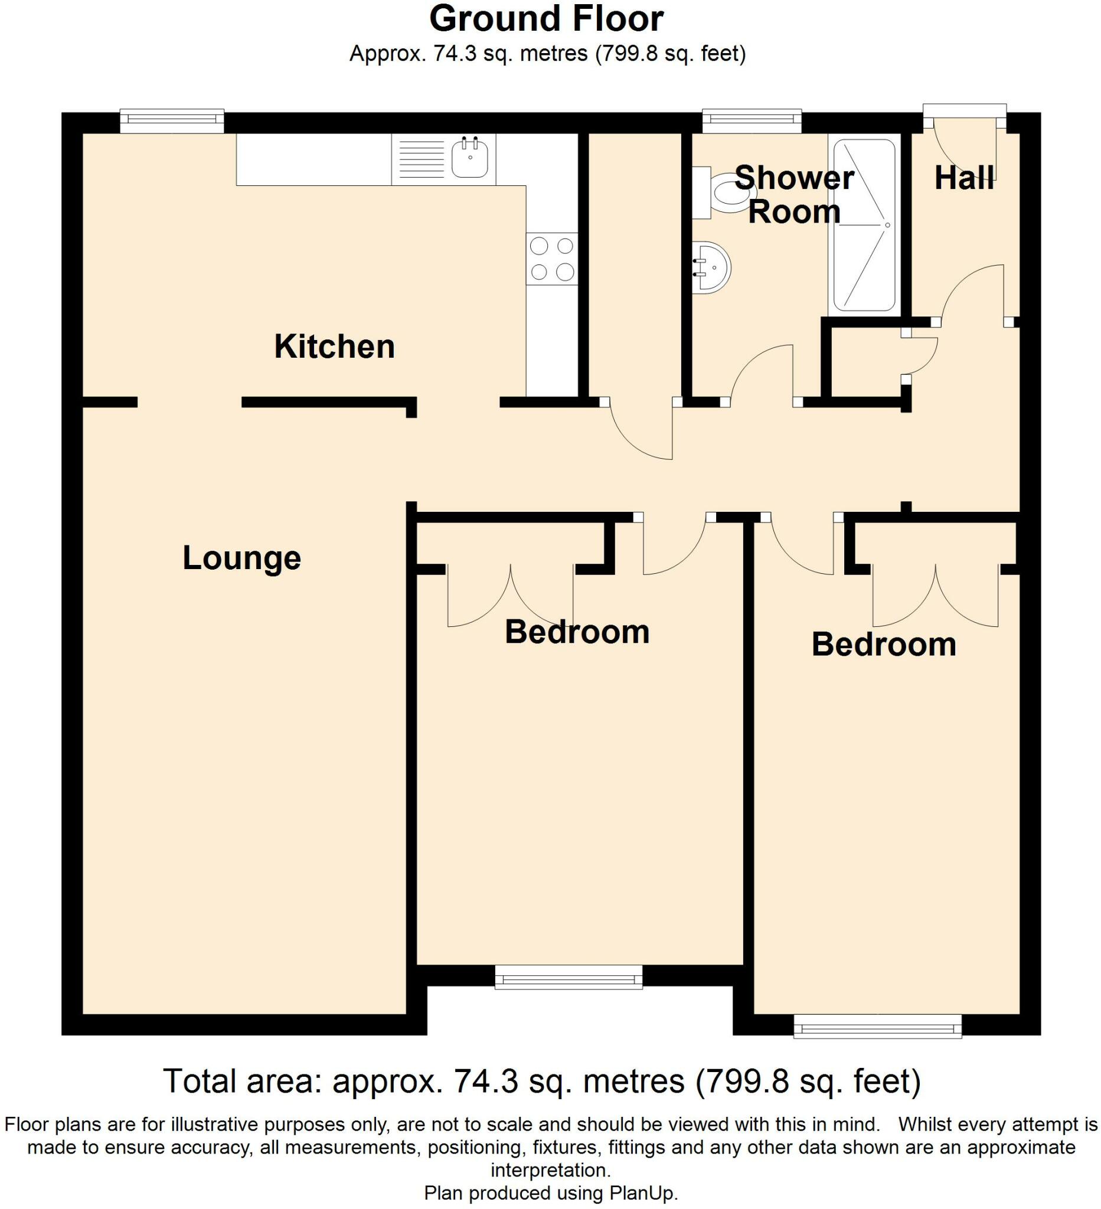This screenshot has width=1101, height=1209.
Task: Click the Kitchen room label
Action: click(x=334, y=347)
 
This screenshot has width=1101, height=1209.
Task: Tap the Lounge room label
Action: click(x=241, y=558)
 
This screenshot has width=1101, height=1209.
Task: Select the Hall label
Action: click(x=964, y=178)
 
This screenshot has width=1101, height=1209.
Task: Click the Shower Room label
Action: click(x=794, y=195)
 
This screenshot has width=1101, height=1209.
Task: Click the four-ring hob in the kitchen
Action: click(x=552, y=259)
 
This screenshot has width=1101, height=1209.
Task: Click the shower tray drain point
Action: click(x=887, y=225)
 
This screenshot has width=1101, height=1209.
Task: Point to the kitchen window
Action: click(x=172, y=121)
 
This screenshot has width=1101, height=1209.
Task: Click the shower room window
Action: click(x=752, y=121)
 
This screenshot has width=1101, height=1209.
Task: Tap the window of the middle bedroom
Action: click(x=569, y=876)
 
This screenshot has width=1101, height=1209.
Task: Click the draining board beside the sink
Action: click(x=421, y=159)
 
